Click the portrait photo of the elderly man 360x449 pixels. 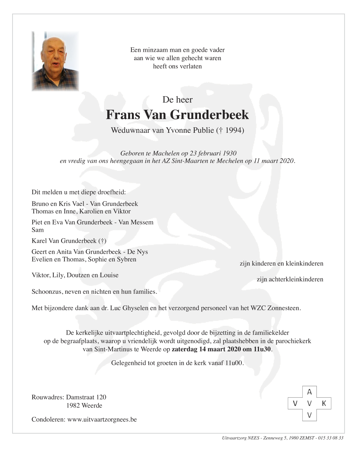click(55, 61)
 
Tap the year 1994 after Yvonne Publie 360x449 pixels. click(234, 130)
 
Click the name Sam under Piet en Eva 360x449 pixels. click(38, 230)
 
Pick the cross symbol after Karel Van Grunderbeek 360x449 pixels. click(102, 241)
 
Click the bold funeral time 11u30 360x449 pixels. click(262, 349)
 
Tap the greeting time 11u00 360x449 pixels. click(234, 363)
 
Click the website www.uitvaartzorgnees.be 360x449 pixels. click(102, 419)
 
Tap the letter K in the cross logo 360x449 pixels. click(324, 403)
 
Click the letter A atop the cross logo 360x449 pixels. click(310, 392)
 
